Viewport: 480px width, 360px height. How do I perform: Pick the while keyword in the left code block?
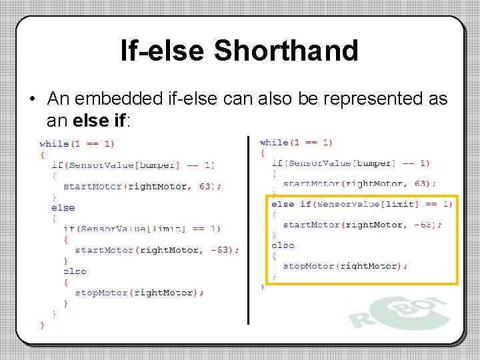tap(54, 143)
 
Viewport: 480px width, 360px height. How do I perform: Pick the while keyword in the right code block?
tap(274, 143)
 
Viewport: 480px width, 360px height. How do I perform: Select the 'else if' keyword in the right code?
tap(291, 204)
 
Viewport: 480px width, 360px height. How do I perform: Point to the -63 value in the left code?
tap(223, 250)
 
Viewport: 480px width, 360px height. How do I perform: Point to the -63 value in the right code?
tap(424, 225)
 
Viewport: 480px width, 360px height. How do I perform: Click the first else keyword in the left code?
tap(63, 207)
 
